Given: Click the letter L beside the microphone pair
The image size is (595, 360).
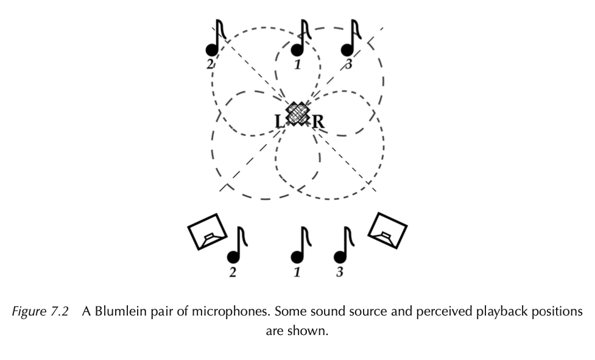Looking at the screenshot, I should coord(280,122).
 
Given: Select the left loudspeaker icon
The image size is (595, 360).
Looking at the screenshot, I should coord(207,231).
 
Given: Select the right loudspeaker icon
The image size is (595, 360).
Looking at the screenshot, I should coord(387,230).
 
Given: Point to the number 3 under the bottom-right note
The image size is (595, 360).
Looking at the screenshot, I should coord(340,272).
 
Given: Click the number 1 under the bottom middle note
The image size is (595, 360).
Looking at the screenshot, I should coord(297,272).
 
